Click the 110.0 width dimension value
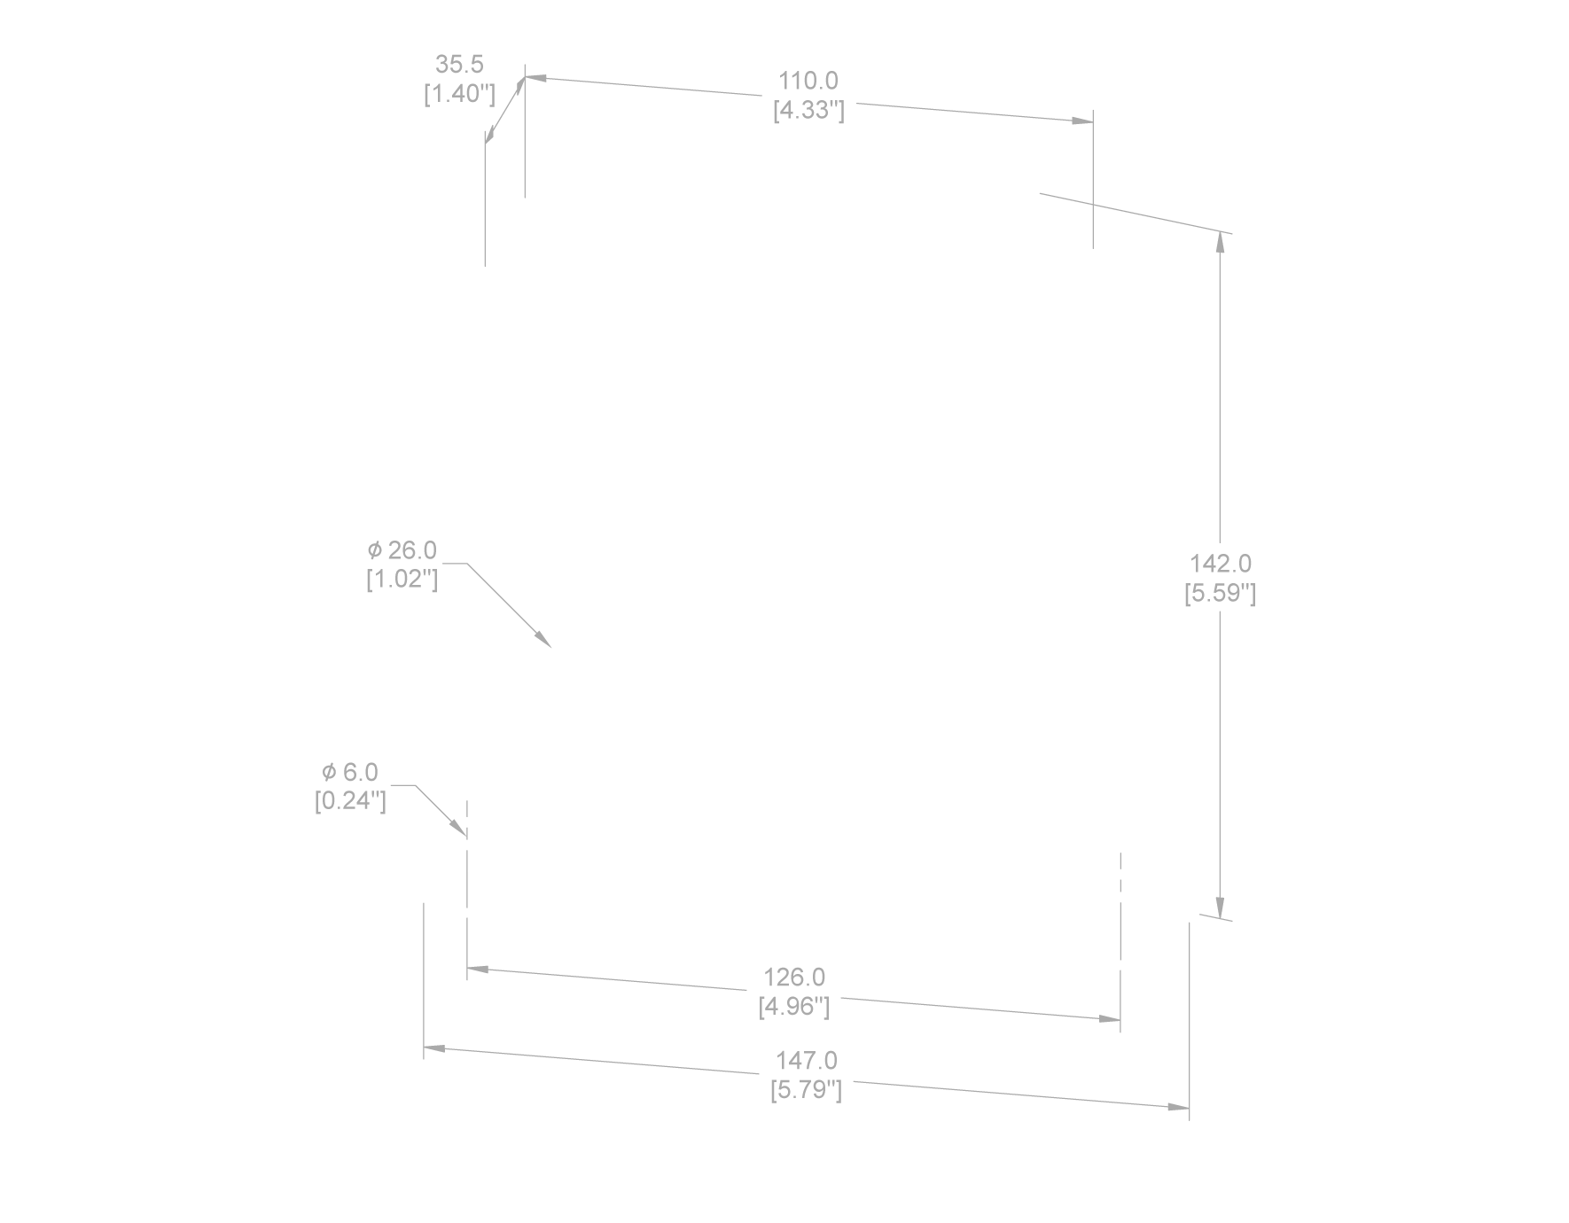coord(808,82)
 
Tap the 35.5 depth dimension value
coord(458,65)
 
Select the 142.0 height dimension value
coord(1220,564)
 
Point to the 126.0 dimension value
coord(794,978)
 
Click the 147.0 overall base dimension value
coord(806,1061)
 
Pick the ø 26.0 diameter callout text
coord(402,550)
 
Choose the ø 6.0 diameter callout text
coord(350,772)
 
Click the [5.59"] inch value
coord(1220,593)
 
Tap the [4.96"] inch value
coord(794,1007)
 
